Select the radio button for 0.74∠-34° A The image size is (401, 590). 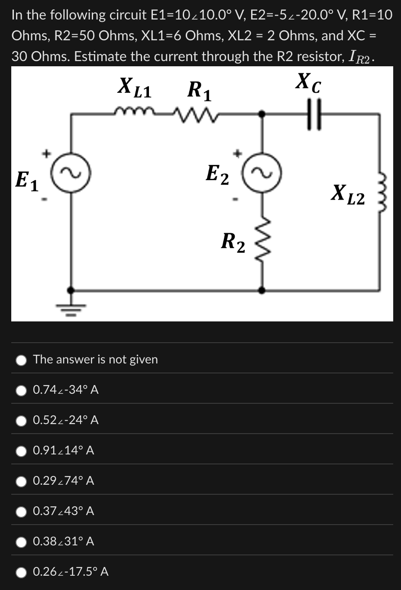(x=22, y=390)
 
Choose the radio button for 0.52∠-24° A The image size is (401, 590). (x=22, y=421)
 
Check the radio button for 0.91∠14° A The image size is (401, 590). (x=22, y=451)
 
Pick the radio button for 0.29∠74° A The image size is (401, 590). (x=22, y=481)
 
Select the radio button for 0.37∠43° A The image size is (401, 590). (x=22, y=512)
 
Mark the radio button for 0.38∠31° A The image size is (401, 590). (x=22, y=542)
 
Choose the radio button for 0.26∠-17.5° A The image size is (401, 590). (x=22, y=572)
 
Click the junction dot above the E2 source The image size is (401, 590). (x=262, y=113)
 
